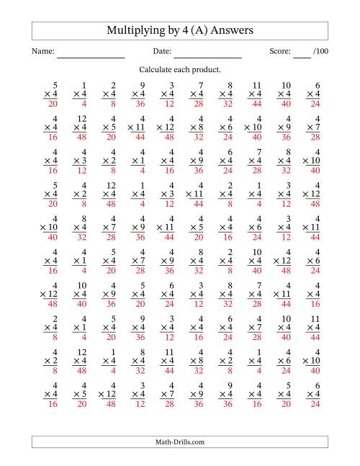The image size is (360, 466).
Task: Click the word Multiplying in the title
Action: (135, 31)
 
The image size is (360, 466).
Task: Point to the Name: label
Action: (42, 52)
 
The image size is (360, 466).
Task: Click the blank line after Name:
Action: (91, 56)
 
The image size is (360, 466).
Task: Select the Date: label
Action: (162, 52)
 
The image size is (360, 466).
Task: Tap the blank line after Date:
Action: (207, 56)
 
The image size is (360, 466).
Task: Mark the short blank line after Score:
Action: (302, 56)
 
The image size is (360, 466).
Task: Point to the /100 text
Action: (320, 52)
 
